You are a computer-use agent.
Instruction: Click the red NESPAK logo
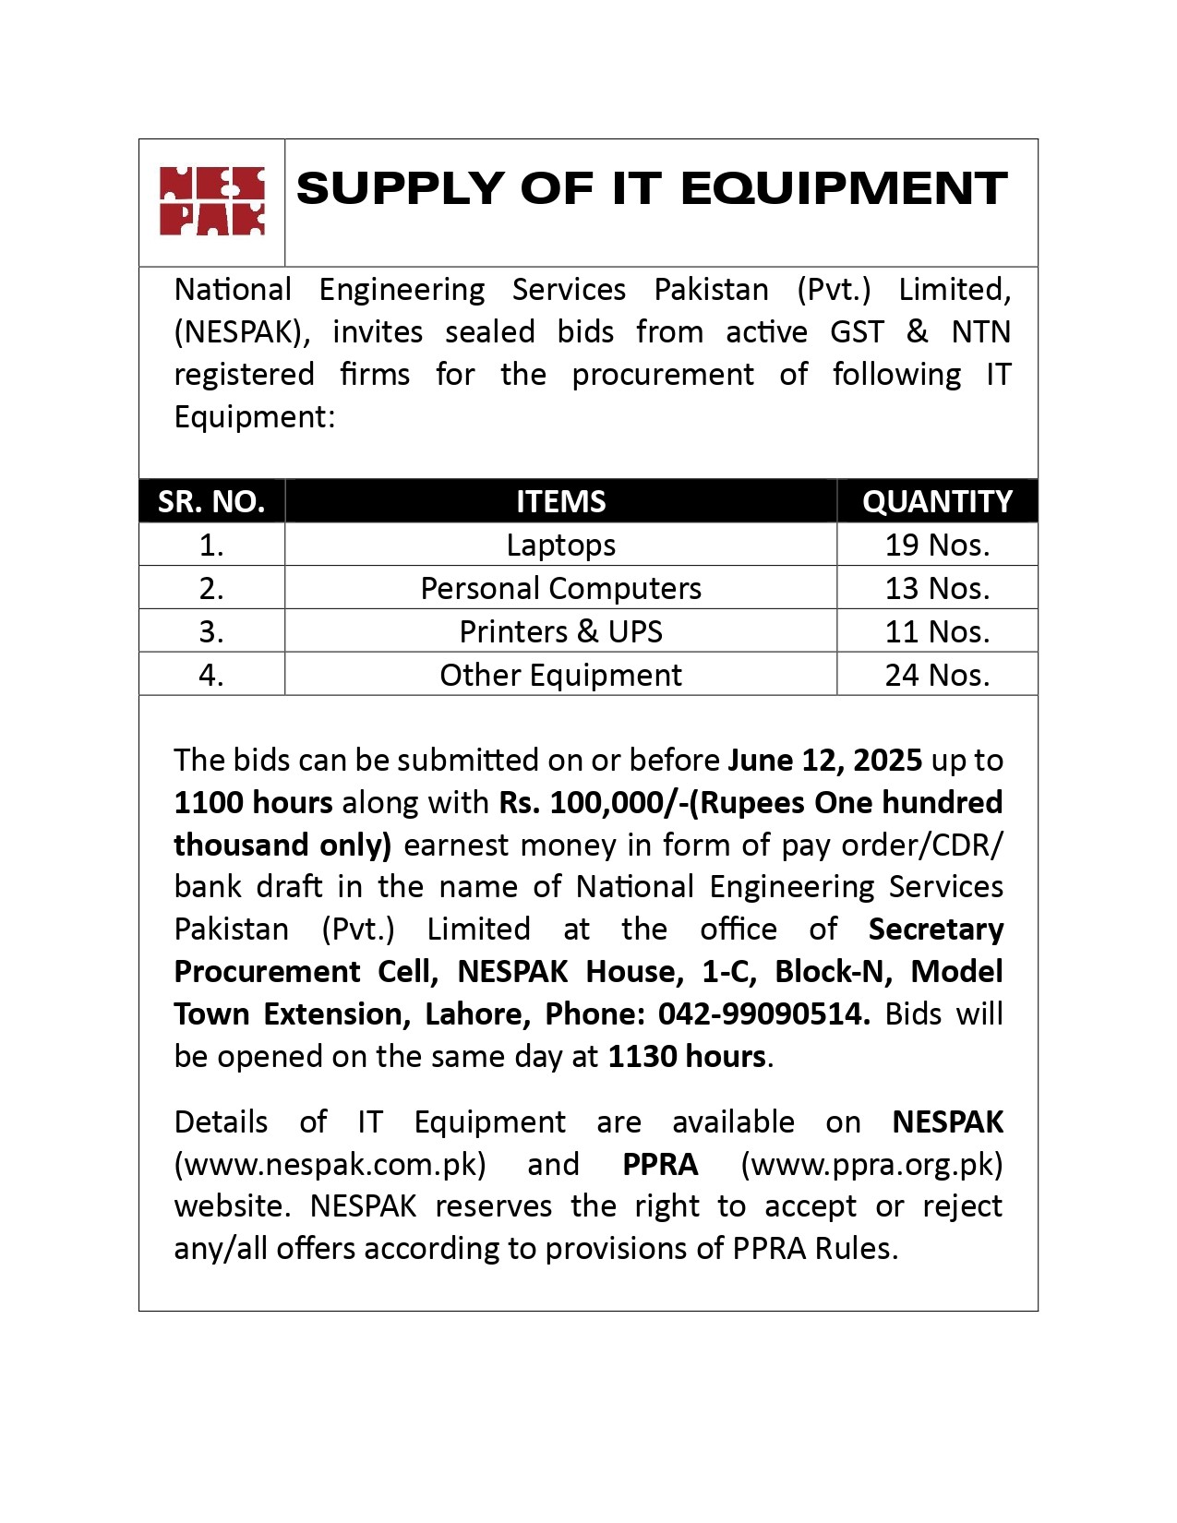click(x=211, y=201)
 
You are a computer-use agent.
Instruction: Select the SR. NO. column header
click(x=211, y=501)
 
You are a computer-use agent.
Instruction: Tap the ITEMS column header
click(x=560, y=501)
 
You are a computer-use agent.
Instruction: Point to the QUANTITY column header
click(x=937, y=501)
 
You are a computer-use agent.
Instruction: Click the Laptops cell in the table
click(x=560, y=545)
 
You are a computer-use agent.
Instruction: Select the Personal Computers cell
click(x=560, y=588)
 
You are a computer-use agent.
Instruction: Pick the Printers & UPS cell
click(x=560, y=631)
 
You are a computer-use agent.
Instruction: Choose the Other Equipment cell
click(x=560, y=675)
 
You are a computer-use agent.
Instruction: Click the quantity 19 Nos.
click(x=937, y=545)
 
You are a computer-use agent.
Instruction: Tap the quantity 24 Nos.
click(x=937, y=675)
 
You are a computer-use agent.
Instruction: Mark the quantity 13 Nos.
click(x=937, y=588)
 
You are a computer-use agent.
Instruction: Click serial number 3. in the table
click(x=211, y=631)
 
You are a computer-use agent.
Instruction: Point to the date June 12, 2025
click(x=824, y=760)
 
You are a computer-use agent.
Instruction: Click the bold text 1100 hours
click(x=253, y=802)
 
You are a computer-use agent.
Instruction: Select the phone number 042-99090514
click(x=763, y=1013)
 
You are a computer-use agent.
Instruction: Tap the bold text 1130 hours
click(x=687, y=1056)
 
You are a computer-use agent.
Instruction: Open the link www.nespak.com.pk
click(x=330, y=1164)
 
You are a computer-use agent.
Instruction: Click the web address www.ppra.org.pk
click(x=871, y=1164)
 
